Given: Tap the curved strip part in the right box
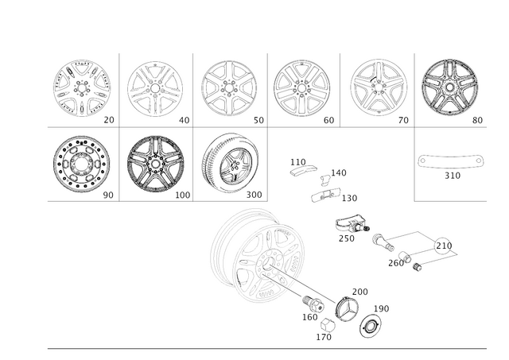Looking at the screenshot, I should click(x=451, y=161).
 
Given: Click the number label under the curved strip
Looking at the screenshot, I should click(x=451, y=174).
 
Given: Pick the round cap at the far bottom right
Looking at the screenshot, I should click(x=370, y=325).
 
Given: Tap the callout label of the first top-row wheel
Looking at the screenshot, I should click(x=110, y=120).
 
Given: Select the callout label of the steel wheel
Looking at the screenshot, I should click(x=108, y=192).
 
